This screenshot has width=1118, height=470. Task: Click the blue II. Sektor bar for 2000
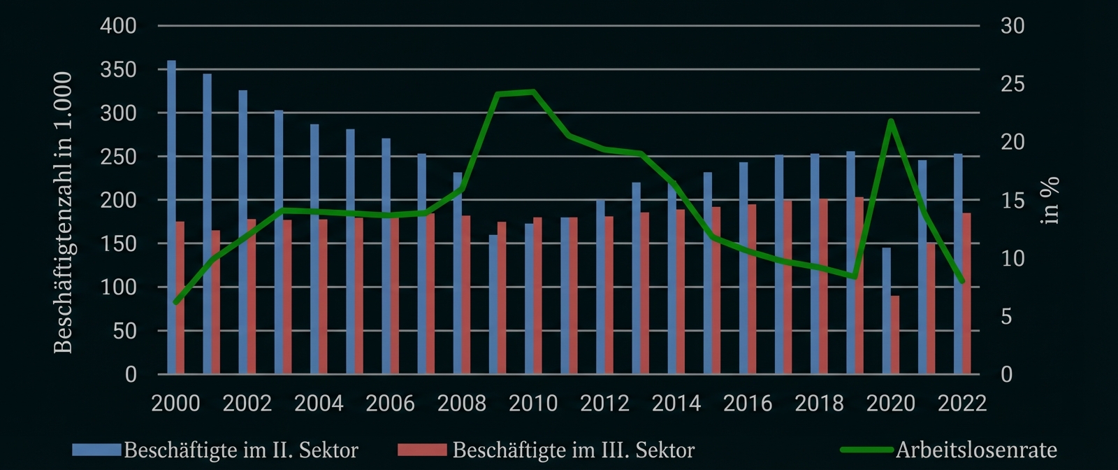(x=172, y=217)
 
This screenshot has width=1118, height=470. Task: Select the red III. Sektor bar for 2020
(x=895, y=335)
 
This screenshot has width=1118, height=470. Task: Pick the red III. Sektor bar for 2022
(x=966, y=294)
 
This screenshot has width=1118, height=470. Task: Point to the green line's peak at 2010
(x=533, y=92)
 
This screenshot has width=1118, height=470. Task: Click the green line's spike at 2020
(x=891, y=121)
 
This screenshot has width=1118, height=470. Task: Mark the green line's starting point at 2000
(x=176, y=302)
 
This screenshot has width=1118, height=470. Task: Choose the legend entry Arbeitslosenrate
(x=975, y=450)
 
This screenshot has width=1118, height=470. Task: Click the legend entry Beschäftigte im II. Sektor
(x=240, y=450)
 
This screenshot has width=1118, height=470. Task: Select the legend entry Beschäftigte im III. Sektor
(x=573, y=450)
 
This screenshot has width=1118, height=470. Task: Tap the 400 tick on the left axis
(x=119, y=26)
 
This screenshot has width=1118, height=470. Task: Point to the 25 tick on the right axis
(x=1012, y=84)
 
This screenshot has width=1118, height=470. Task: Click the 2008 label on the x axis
(x=462, y=404)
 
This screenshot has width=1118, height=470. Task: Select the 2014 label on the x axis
(x=676, y=404)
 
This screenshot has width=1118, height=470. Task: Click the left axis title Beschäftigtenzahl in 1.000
(x=64, y=212)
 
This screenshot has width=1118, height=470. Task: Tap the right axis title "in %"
(x=1050, y=201)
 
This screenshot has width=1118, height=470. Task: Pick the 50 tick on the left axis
(x=124, y=331)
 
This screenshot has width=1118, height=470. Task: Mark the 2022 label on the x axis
(x=961, y=404)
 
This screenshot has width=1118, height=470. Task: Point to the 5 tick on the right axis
(x=1007, y=317)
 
